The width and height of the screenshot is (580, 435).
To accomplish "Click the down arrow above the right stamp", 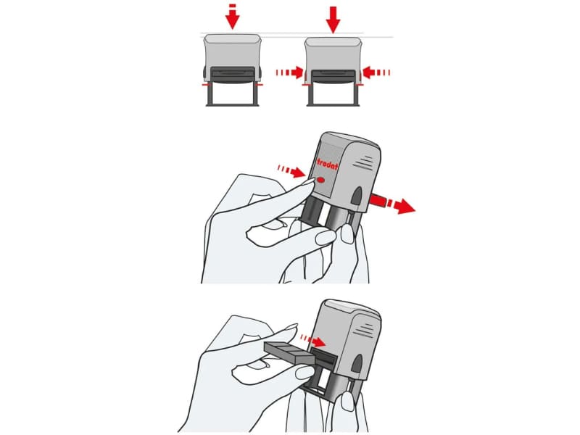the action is (x=333, y=20).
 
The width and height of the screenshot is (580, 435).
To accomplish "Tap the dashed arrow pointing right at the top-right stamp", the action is (x=289, y=72).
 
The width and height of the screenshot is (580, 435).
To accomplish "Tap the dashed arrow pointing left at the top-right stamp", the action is (x=376, y=72).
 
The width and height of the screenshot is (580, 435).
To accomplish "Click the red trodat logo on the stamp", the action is (x=328, y=164).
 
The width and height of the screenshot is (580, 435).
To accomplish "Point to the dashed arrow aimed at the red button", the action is (x=291, y=171).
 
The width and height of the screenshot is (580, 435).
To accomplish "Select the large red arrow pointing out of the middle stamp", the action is (x=392, y=204).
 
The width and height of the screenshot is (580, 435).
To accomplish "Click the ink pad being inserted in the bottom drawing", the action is (x=289, y=352).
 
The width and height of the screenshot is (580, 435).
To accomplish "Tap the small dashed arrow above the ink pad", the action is (x=313, y=341).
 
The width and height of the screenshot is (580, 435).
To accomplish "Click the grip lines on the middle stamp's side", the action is (x=363, y=162).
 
